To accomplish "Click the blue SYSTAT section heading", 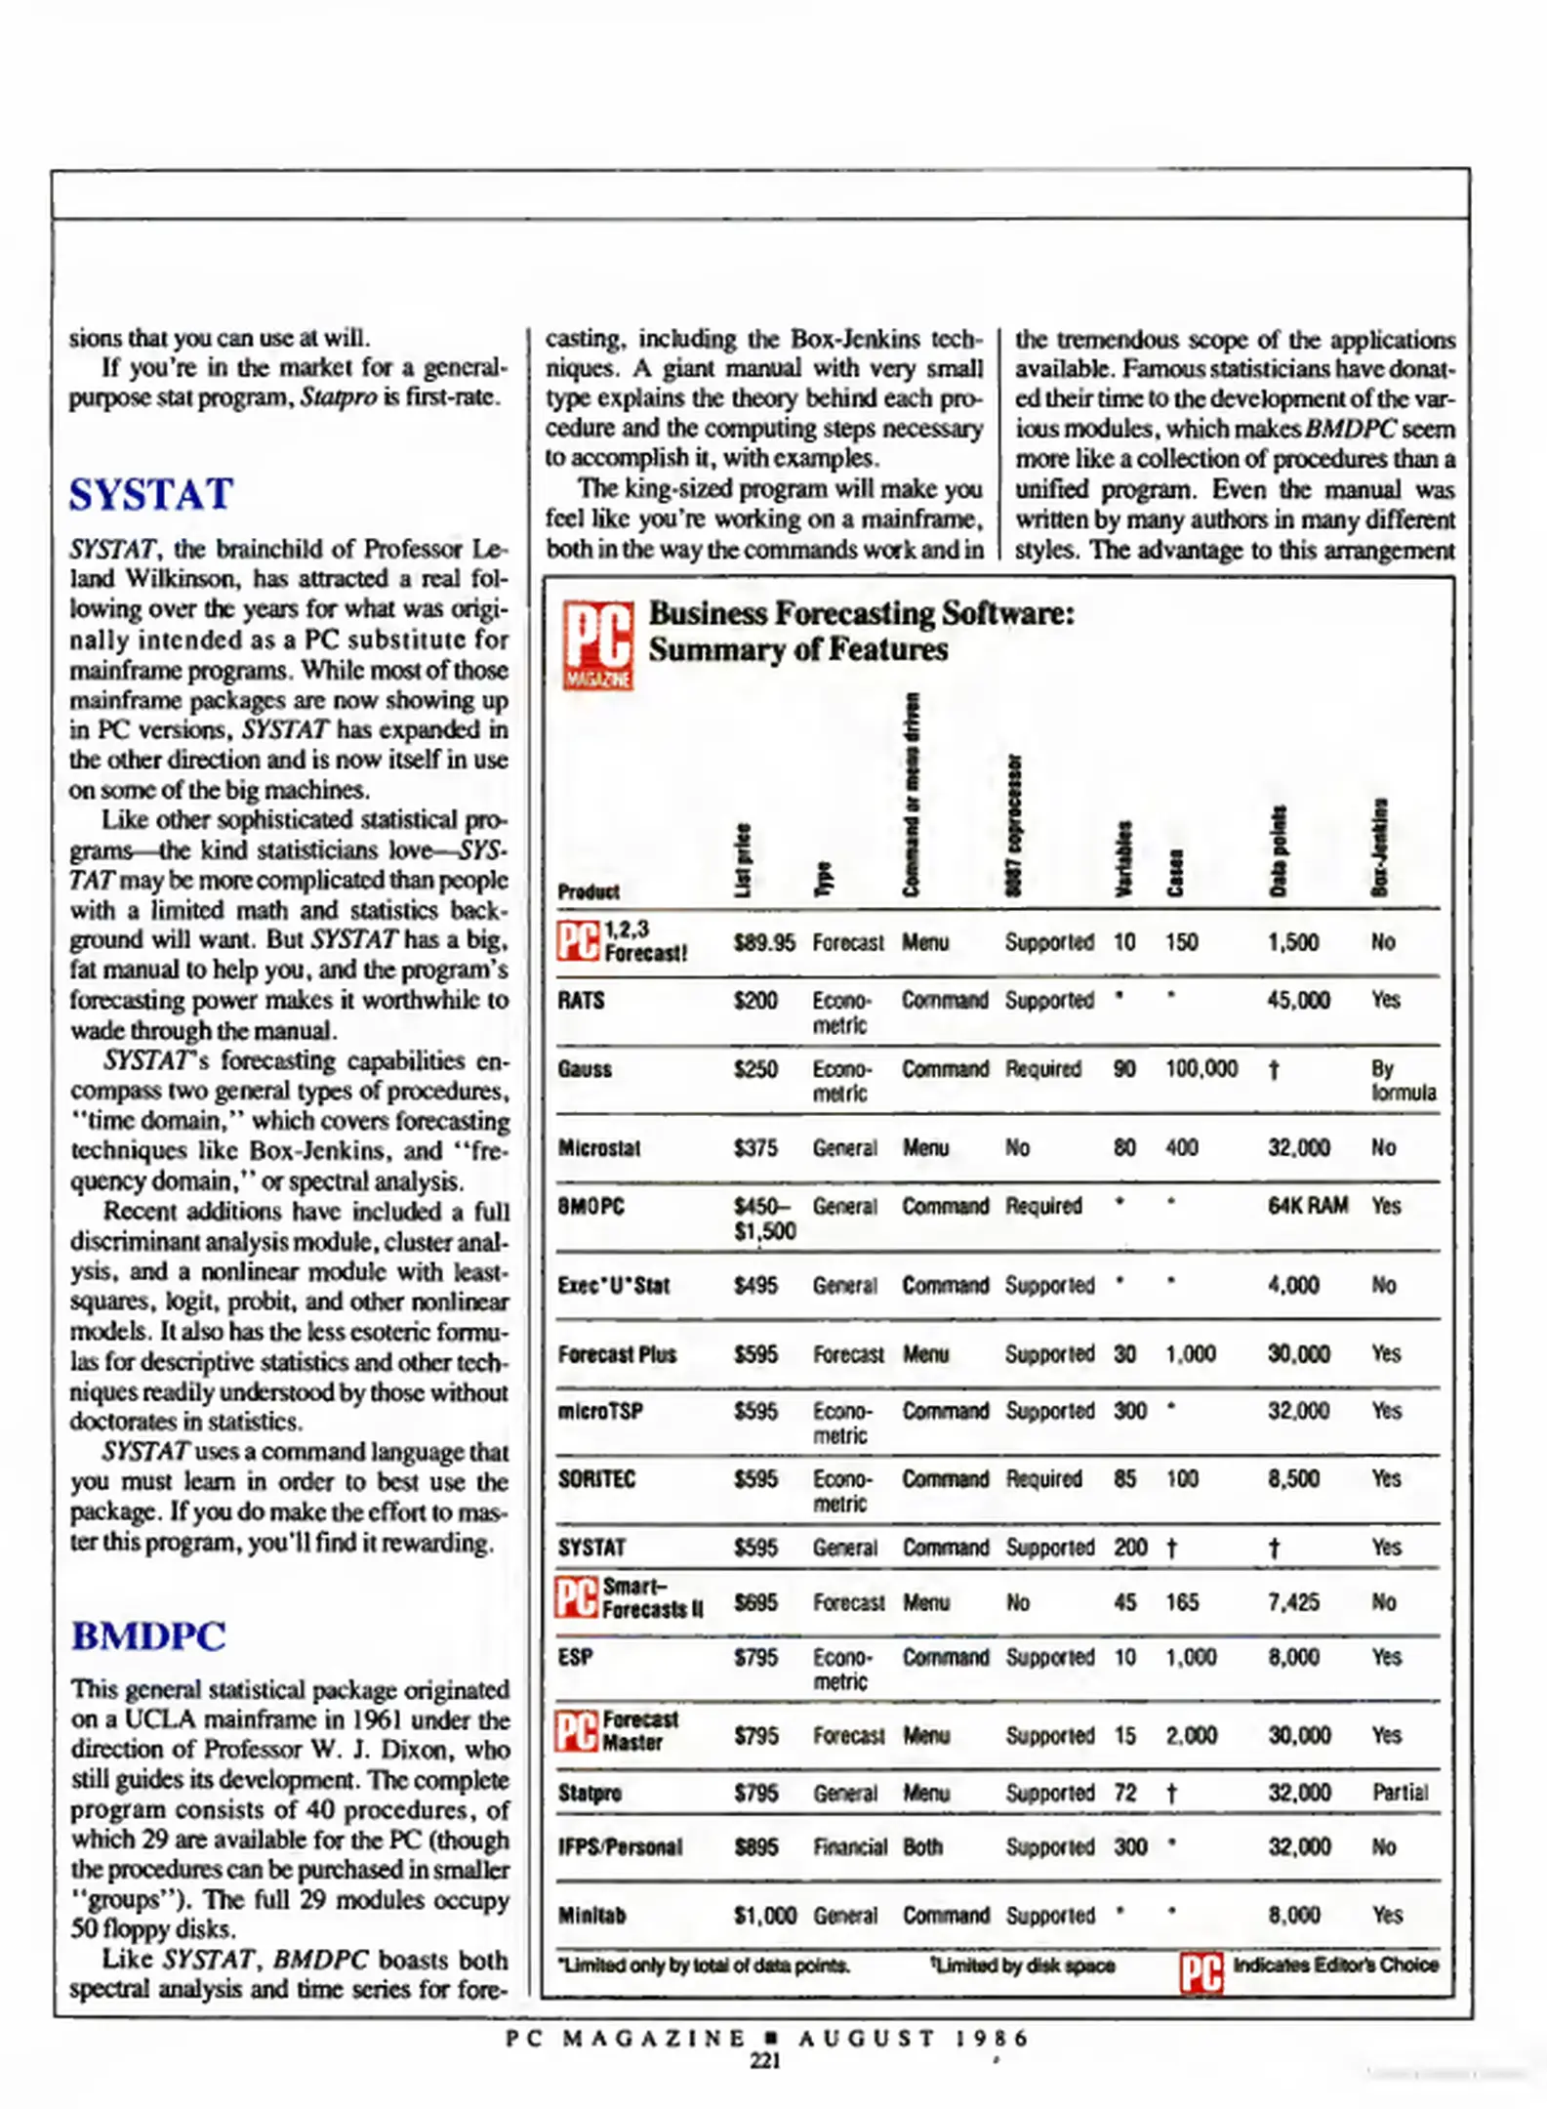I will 150,494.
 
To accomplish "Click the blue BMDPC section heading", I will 148,1635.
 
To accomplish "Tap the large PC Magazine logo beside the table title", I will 597,645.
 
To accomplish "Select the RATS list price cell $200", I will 755,1001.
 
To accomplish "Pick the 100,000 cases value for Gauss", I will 1201,1069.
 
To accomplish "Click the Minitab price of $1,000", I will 765,1916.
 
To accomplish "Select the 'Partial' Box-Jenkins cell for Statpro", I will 1400,1793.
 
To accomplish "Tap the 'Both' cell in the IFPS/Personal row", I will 922,1847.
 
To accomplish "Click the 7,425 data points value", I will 1293,1602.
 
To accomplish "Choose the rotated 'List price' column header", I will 744,859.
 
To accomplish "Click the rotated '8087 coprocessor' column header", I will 1015,825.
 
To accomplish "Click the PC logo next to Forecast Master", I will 577,1731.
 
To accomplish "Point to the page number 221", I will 765,2060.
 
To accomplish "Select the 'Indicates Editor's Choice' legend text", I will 1335,1964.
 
